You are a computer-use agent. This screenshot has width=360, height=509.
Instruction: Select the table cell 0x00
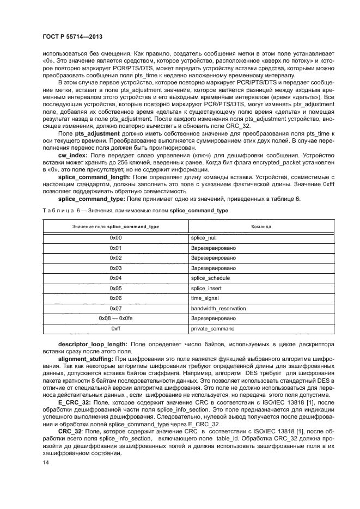point(115,238)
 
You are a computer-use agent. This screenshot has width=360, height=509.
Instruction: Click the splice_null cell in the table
point(204,238)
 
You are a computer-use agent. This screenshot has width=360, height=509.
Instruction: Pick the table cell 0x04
point(115,278)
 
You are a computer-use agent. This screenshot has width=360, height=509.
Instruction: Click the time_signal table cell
point(205,298)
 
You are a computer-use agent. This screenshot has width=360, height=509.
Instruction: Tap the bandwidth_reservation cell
point(218,308)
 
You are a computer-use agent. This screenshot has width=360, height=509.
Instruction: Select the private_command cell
point(212,329)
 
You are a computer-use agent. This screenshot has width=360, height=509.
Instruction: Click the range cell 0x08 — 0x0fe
point(115,318)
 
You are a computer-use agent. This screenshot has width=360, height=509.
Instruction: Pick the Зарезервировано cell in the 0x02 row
point(213,257)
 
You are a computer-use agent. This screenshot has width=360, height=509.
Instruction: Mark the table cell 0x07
point(115,308)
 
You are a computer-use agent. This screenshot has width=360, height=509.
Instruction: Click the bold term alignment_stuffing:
point(86,360)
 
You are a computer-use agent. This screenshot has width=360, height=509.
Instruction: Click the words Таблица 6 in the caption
point(56,210)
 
